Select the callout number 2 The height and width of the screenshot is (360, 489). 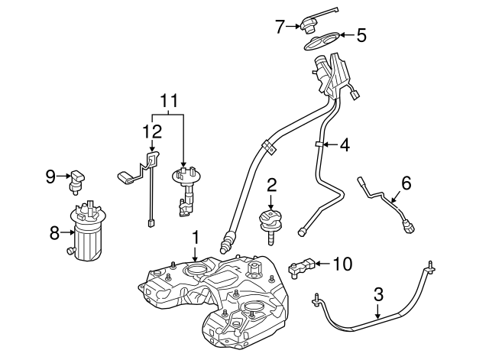coord(270,185)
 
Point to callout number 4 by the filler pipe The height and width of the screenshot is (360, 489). coord(345,143)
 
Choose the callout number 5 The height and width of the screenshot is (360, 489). coord(361,34)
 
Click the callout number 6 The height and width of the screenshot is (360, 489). coord(406,183)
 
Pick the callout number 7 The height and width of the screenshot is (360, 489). coord(280,27)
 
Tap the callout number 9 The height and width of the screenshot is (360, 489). coord(50,177)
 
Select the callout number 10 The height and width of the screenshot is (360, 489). coord(342,264)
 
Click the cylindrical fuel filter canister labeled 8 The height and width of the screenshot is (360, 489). coord(90,233)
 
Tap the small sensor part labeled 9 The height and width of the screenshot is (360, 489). coord(77,178)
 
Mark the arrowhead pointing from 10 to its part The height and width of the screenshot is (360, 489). coord(316,264)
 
